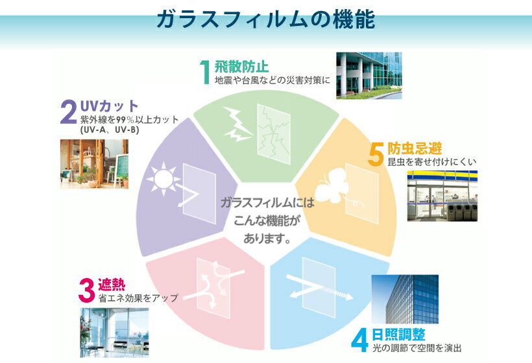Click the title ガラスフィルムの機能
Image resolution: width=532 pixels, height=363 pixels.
point(265,19)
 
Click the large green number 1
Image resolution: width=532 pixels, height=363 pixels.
point(205,72)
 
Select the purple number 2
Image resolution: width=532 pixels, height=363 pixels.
point(69,112)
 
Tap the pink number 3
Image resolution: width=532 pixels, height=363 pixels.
point(86,290)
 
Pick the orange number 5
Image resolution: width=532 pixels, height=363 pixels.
point(376,155)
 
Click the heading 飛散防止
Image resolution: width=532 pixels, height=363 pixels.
point(241,67)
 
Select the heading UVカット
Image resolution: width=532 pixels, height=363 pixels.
point(109,106)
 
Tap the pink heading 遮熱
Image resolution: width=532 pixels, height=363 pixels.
point(112,285)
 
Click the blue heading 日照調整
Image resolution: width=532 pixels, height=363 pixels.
point(398,334)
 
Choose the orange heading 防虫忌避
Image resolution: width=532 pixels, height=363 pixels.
point(415,148)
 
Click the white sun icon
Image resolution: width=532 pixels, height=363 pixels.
point(163,179)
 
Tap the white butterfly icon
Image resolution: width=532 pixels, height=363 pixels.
point(332,187)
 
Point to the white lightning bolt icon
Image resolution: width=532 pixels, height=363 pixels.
point(237,124)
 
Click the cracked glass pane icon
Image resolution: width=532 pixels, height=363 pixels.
point(274,134)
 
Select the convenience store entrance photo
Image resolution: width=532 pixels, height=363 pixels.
point(442,196)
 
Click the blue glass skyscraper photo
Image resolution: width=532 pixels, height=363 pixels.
point(405,299)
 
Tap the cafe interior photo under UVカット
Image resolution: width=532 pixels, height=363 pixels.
point(94,164)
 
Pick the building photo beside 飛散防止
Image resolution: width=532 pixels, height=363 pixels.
point(369,76)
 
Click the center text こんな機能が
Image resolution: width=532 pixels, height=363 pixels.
point(267,220)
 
